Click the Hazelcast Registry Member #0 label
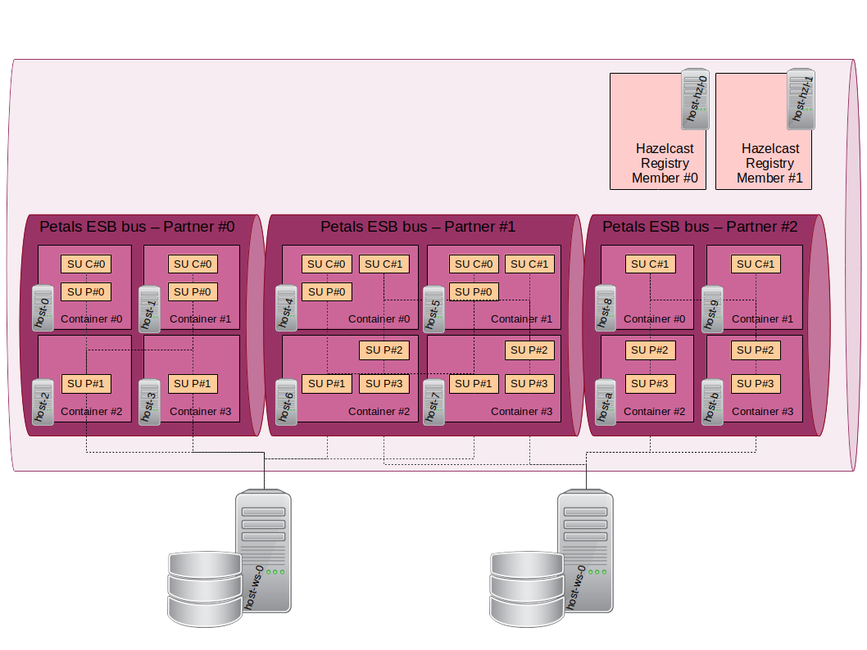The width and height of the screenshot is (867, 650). pyautogui.click(x=664, y=163)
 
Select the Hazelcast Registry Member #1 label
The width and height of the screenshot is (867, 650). pyautogui.click(x=769, y=163)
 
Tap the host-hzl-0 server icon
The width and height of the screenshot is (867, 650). pyautogui.click(x=695, y=99)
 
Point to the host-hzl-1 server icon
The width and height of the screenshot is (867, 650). pyautogui.click(x=801, y=99)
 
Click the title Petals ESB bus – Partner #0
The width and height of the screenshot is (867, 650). pyautogui.click(x=137, y=227)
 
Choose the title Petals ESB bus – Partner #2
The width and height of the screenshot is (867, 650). pyautogui.click(x=700, y=227)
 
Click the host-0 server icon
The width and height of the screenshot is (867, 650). pyautogui.click(x=43, y=308)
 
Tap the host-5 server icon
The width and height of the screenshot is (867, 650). pyautogui.click(x=434, y=308)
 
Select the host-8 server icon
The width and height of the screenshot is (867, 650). pyautogui.click(x=606, y=308)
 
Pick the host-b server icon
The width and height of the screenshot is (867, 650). pyautogui.click(x=712, y=401)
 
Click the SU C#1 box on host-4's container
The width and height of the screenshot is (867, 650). pyautogui.click(x=384, y=264)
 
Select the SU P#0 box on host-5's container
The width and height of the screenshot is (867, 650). pyautogui.click(x=474, y=291)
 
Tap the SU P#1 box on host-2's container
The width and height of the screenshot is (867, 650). pyautogui.click(x=86, y=383)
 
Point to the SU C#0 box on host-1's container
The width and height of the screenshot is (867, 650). pyautogui.click(x=193, y=264)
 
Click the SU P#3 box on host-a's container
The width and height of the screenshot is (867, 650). pyautogui.click(x=651, y=383)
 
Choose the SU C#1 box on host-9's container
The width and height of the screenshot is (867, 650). pyautogui.click(x=756, y=264)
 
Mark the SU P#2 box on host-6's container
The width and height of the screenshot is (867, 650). pyautogui.click(x=384, y=350)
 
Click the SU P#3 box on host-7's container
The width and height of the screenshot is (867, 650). pyautogui.click(x=530, y=383)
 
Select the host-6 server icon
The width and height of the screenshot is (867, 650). pyautogui.click(x=286, y=401)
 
